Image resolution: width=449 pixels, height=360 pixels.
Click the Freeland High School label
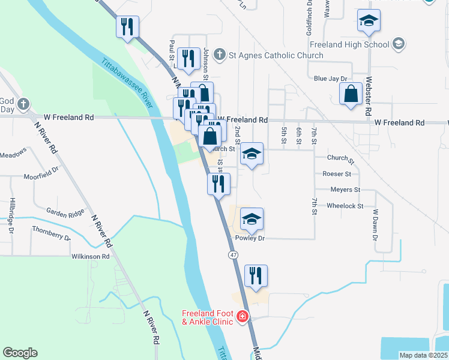349,44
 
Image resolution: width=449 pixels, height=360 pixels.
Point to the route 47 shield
233,255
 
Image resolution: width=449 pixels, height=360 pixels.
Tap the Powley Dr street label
250,238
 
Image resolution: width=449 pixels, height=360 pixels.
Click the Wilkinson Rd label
89,256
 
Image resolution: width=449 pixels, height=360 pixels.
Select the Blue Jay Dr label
331,79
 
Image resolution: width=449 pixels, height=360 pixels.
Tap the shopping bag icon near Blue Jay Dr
351,94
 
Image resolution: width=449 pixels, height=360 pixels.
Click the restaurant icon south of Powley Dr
256,276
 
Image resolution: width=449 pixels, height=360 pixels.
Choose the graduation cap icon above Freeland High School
369,22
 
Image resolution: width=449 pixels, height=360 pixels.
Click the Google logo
20,353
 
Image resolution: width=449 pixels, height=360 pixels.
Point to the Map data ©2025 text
423,355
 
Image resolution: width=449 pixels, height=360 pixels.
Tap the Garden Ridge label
65,213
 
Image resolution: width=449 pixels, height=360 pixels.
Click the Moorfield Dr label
41,178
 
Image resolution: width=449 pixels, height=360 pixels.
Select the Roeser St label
336,174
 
